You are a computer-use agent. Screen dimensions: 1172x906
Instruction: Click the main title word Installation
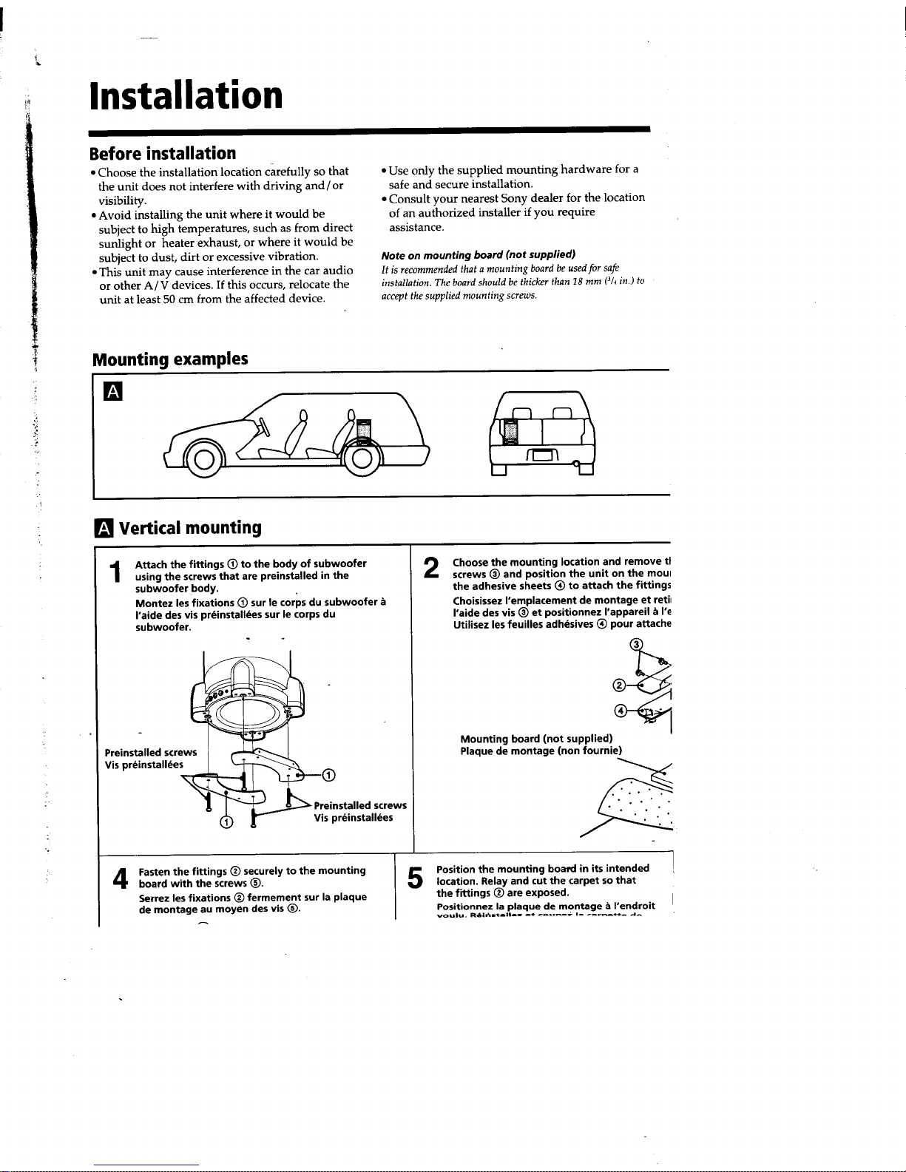point(185,96)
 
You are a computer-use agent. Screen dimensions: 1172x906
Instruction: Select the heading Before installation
point(162,154)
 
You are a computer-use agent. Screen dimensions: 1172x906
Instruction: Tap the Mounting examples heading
point(169,359)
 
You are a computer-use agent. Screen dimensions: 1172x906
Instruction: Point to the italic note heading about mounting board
point(478,254)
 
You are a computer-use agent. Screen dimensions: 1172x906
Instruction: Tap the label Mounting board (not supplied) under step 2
point(536,739)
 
